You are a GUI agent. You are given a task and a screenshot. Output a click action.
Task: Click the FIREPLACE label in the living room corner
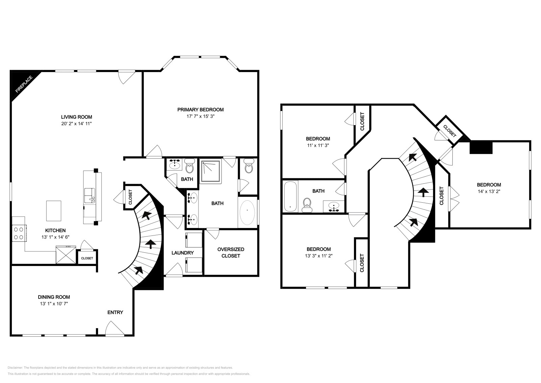click(x=24, y=84)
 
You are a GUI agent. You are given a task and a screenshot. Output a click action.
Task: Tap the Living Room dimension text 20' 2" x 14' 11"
click(x=74, y=124)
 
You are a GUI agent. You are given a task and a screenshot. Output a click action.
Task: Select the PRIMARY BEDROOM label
click(x=201, y=110)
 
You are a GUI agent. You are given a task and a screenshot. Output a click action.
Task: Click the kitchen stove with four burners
click(x=19, y=233)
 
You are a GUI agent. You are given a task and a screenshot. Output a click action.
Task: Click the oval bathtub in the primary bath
click(x=248, y=214)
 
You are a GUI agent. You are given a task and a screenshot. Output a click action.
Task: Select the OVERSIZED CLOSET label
click(x=231, y=252)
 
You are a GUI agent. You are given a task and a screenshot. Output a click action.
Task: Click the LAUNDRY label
click(x=183, y=253)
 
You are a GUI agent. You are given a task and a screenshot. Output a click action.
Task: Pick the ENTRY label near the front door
click(x=115, y=312)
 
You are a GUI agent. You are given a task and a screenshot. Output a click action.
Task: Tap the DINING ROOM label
click(x=54, y=297)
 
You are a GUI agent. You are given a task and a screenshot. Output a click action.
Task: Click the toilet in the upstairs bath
click(x=307, y=204)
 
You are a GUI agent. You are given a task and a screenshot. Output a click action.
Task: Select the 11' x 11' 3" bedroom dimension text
click(x=318, y=145)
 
